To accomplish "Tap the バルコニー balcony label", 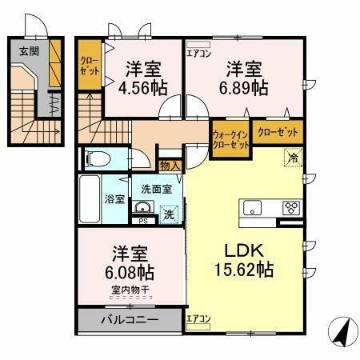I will pos(128,321).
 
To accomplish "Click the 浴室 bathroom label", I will pos(114,198).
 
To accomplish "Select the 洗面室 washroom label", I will pos(157,189).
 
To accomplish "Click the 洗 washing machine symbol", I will pos(169,214).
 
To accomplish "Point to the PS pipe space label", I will pos(142,221).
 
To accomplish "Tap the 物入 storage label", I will pos(169,166).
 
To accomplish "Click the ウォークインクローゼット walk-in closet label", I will pos(230,140).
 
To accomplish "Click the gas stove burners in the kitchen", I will pos(290,207).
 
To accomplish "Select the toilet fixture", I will pos(96,158).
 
